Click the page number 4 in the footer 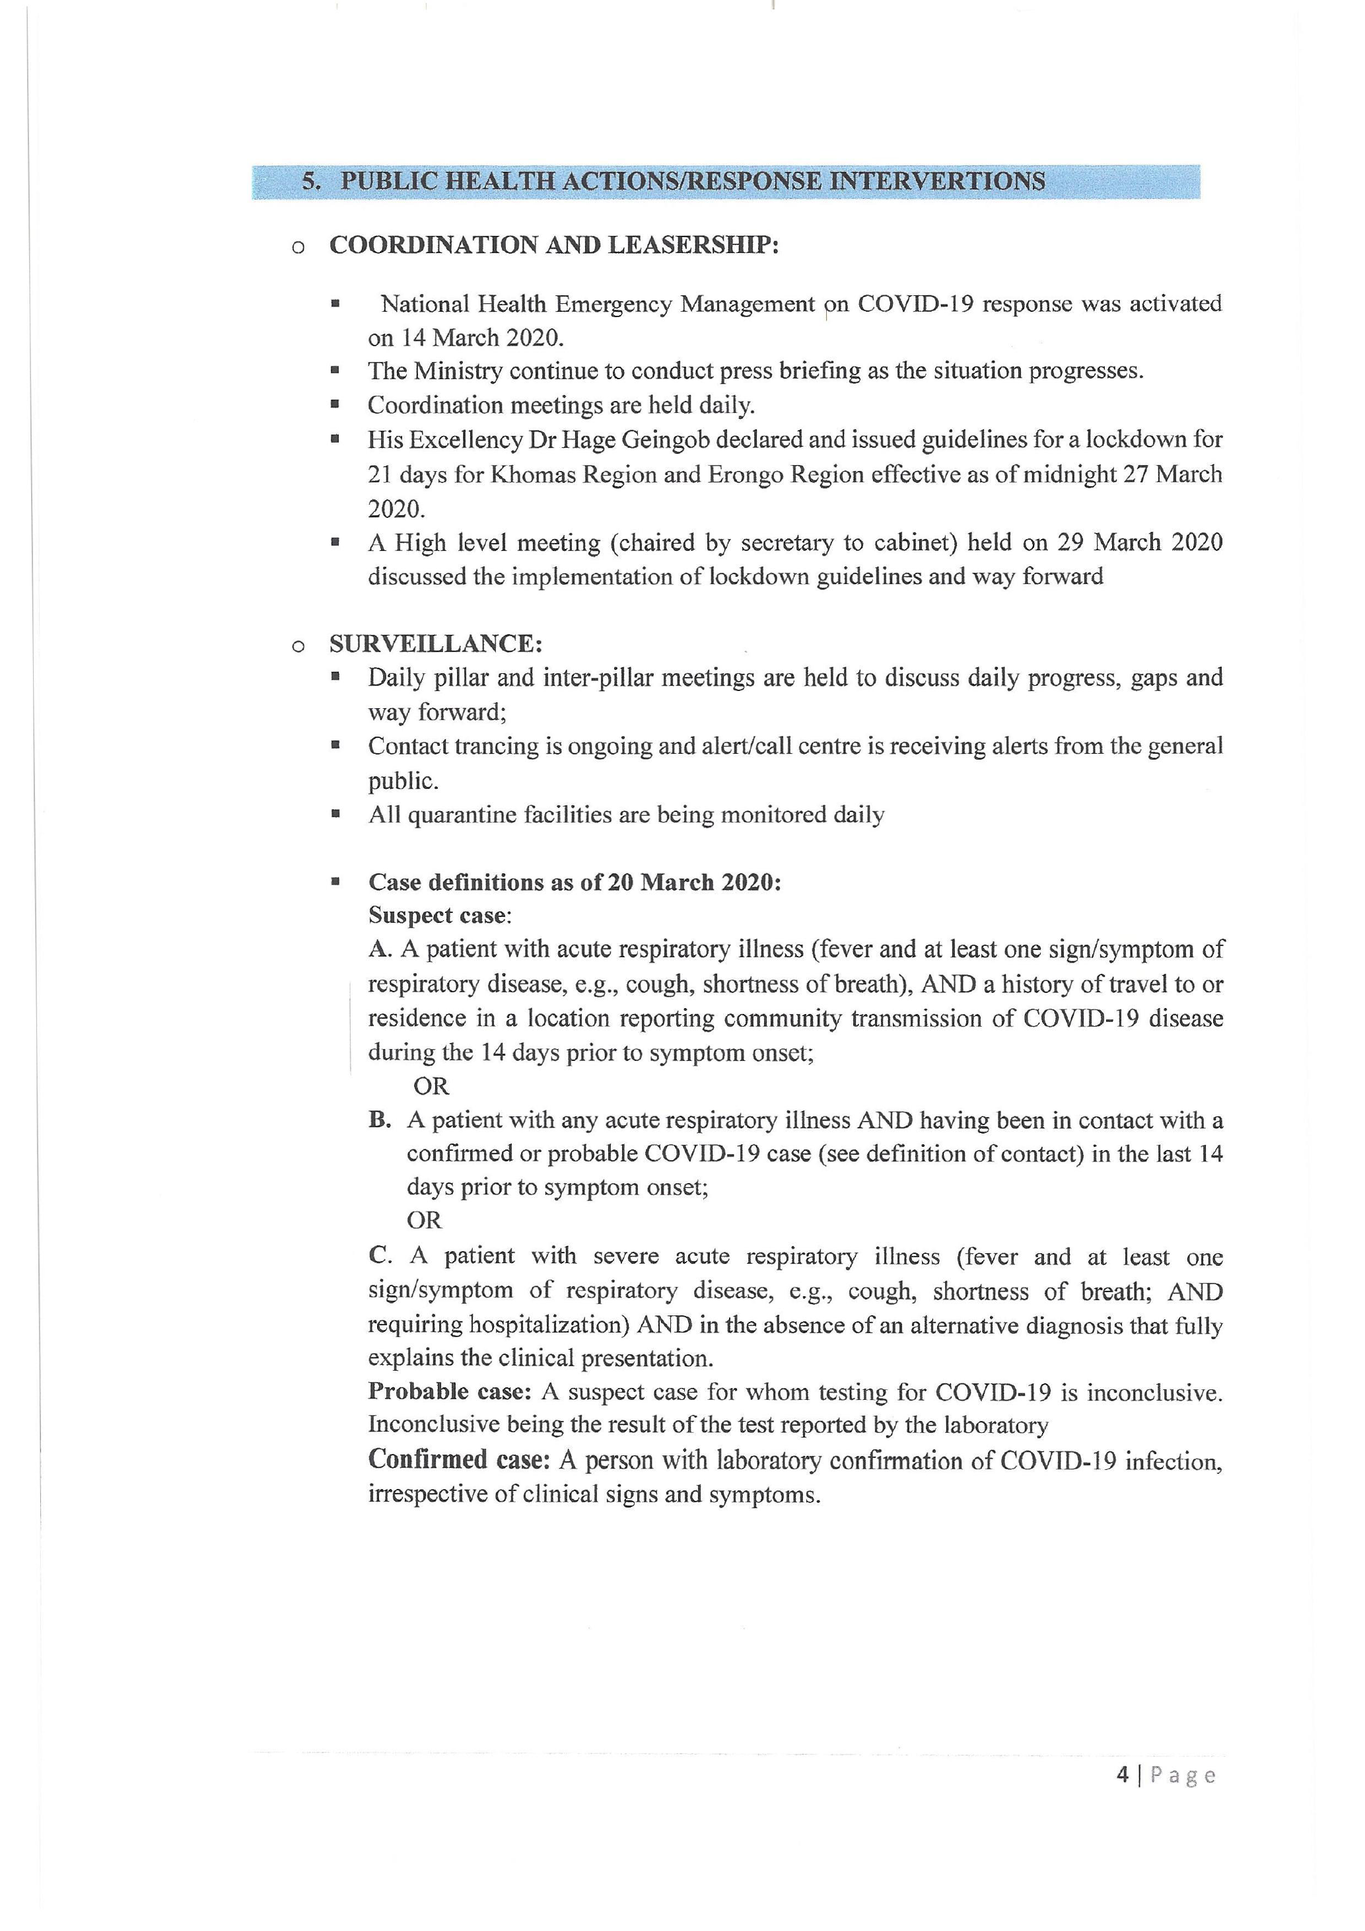pyautogui.click(x=1123, y=1774)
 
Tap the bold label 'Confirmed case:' pyautogui.click(x=459, y=1459)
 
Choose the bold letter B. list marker pyautogui.click(x=380, y=1120)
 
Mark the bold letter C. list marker pyautogui.click(x=380, y=1256)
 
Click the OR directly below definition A pyautogui.click(x=431, y=1086)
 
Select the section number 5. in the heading pyautogui.click(x=312, y=182)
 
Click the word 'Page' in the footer pyautogui.click(x=1183, y=1775)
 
